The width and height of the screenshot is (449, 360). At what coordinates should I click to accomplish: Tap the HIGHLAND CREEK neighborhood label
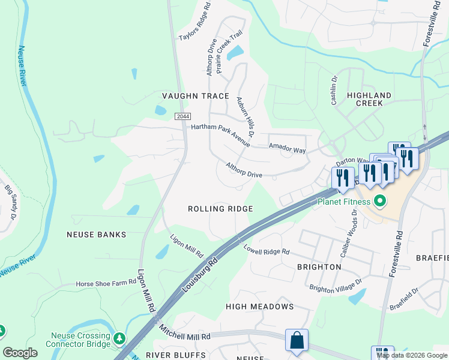(369, 99)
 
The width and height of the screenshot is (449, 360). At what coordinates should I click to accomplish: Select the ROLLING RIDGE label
(220, 209)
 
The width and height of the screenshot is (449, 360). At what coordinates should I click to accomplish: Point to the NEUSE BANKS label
(97, 235)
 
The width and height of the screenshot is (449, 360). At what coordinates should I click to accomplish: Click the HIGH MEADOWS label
(259, 307)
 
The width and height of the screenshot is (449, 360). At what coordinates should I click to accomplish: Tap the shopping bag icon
(297, 340)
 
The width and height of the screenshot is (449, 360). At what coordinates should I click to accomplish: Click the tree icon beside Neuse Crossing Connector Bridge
(119, 340)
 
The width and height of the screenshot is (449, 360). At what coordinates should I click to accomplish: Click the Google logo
(20, 353)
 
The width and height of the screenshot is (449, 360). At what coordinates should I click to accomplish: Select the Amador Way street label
(287, 148)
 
